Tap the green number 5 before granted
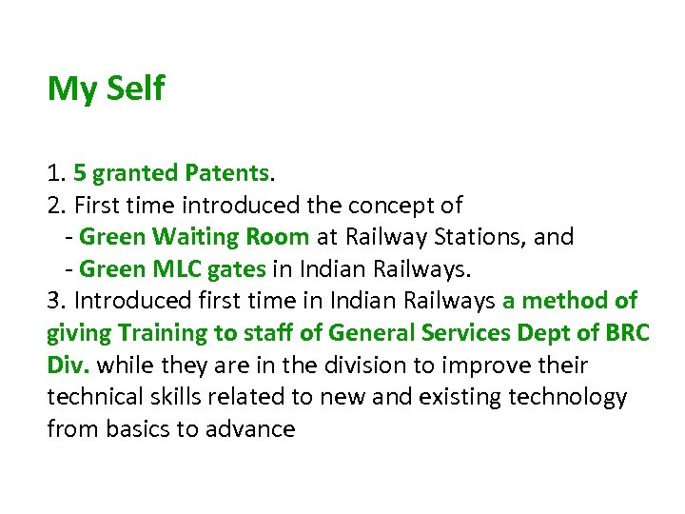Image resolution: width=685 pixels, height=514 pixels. [80, 173]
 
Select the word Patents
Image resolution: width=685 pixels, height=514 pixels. [227, 173]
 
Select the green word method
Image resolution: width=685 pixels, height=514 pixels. [564, 301]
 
